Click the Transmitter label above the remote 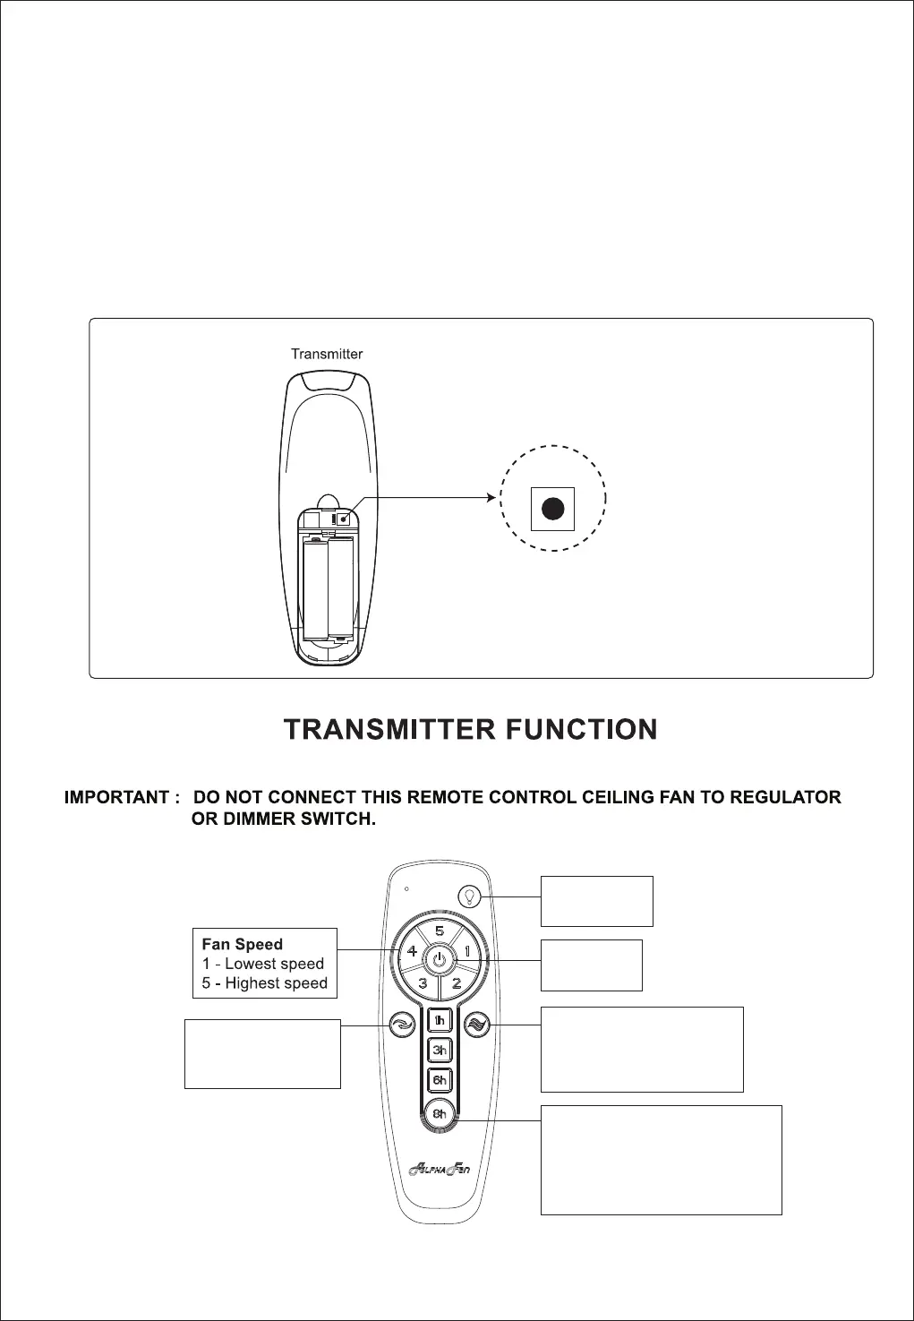pyautogui.click(x=327, y=354)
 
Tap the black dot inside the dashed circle pyautogui.click(x=553, y=509)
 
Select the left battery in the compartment pyautogui.click(x=314, y=588)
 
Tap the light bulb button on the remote pyautogui.click(x=469, y=896)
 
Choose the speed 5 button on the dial pyautogui.click(x=440, y=932)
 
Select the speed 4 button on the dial pyautogui.click(x=412, y=951)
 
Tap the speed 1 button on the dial pyautogui.click(x=467, y=951)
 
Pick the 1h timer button pyautogui.click(x=440, y=1020)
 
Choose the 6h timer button pyautogui.click(x=440, y=1080)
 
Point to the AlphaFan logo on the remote pyautogui.click(x=439, y=1168)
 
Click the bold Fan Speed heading pyautogui.click(x=242, y=944)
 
